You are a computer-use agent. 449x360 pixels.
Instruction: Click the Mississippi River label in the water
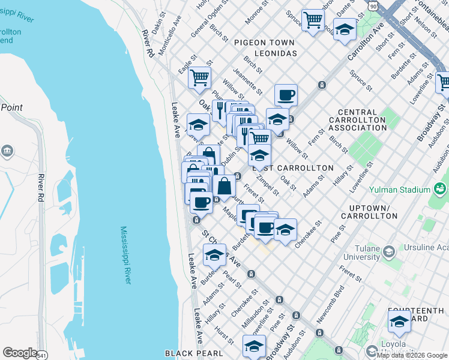click(125, 255)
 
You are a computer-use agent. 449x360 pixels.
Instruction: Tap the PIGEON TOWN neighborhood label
click(264, 43)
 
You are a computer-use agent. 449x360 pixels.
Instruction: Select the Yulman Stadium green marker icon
click(439, 190)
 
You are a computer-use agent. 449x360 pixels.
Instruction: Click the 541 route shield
click(41, 356)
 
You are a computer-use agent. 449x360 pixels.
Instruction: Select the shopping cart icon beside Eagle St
click(199, 77)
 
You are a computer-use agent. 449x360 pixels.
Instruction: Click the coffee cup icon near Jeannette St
click(286, 94)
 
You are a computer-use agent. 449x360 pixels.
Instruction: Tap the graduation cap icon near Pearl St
click(214, 254)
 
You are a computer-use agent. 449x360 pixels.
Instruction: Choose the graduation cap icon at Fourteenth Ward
click(399, 322)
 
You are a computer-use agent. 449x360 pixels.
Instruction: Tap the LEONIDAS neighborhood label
click(276, 53)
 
